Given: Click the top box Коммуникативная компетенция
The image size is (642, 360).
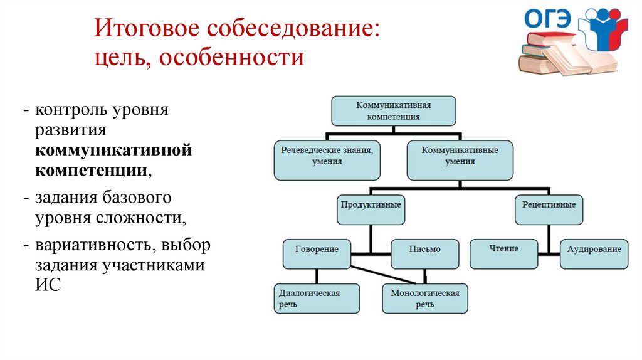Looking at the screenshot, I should click(393, 111).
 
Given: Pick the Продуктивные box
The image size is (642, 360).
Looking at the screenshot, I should click(370, 209).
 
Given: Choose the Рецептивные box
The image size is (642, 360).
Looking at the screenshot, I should click(549, 209).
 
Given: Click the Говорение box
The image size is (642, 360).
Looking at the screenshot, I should click(317, 253).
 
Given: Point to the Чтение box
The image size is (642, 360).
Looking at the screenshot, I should click(503, 253).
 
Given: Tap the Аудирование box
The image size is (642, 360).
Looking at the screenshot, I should click(594, 253).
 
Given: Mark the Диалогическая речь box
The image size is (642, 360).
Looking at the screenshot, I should click(317, 299).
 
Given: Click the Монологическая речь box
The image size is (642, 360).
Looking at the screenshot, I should click(424, 299).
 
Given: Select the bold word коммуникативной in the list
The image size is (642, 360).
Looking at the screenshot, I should click(113, 151).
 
